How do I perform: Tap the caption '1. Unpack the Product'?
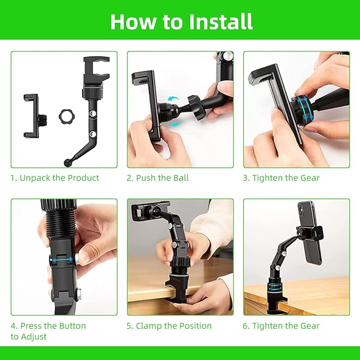point(55,178)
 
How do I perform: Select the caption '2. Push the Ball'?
point(157,178)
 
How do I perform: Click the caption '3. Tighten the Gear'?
point(281,178)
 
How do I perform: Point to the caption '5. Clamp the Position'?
point(169,326)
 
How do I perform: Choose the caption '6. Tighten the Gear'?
point(281,326)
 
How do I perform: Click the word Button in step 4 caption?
point(72,326)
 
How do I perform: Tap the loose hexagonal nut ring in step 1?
point(67,116)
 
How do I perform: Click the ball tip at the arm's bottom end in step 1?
point(67,162)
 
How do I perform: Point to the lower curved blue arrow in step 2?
point(177,124)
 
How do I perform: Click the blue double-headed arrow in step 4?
point(63,260)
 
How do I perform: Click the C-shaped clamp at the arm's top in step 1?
point(96,68)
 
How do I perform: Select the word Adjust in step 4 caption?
point(33,337)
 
